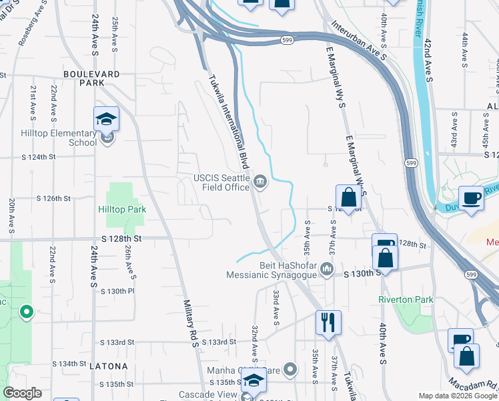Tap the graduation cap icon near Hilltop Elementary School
pyautogui.click(x=106, y=120)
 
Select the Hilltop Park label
pyautogui.click(x=122, y=209)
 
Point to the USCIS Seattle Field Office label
pyautogui.click(x=221, y=182)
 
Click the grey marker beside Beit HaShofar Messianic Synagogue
pyautogui.click(x=327, y=269)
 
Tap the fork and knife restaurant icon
pyautogui.click(x=328, y=322)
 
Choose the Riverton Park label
pyautogui.click(x=406, y=299)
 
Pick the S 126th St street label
pyautogui.click(x=53, y=198)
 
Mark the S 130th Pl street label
pyautogui.click(x=117, y=291)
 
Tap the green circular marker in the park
pyautogui.click(x=27, y=311)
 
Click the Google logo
pyautogui.click(x=22, y=393)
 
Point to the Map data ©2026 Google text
pyautogui.click(x=458, y=396)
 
